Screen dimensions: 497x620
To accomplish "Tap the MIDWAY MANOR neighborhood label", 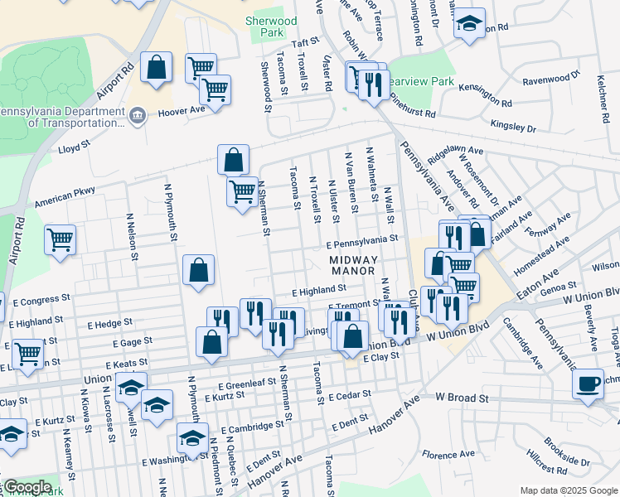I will [x=353, y=265].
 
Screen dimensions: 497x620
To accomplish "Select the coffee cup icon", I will [x=588, y=384].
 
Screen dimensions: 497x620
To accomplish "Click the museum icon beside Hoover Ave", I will [x=138, y=115].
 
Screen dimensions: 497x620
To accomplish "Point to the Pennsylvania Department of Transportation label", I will [x=60, y=117].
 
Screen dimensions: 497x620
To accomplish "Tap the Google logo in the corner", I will [x=27, y=487].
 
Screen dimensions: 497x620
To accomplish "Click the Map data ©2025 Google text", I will [x=568, y=490].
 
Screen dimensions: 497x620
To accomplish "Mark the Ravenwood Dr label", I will [x=550, y=79].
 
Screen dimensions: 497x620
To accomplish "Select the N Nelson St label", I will [x=130, y=233].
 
